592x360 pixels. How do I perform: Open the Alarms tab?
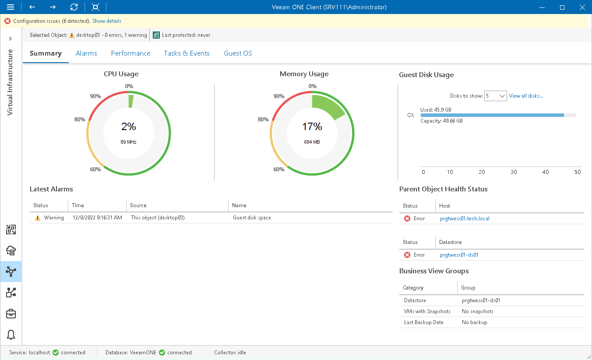tap(86, 53)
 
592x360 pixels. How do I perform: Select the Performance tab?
tap(130, 53)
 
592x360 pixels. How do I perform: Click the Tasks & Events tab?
tap(187, 53)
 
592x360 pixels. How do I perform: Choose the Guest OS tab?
tap(238, 53)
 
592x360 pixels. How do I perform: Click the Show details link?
tap(107, 21)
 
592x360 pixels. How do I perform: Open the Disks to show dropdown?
tap(496, 96)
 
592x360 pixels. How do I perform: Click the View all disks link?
tap(526, 96)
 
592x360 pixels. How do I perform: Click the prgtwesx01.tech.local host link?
tap(465, 219)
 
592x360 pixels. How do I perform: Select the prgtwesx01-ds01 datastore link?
tap(459, 255)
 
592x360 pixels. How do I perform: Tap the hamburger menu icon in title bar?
tap(11, 7)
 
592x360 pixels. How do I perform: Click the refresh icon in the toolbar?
tap(74, 7)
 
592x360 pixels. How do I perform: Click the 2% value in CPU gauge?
tap(129, 127)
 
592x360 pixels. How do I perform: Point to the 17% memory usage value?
tap(312, 127)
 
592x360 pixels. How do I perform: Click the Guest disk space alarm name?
tap(252, 218)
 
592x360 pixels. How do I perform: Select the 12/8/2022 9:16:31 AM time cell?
tap(97, 218)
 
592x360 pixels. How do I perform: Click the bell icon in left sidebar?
tap(11, 335)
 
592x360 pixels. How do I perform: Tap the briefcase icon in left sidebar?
tap(11, 314)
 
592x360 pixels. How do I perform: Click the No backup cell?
tap(474, 322)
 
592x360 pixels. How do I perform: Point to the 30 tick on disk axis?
tap(514, 172)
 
